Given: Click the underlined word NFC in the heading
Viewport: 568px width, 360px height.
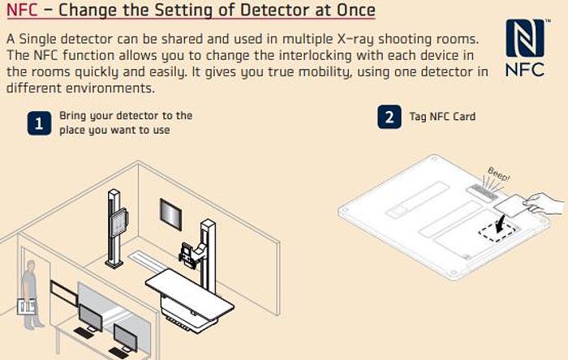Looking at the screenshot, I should coord(22,11).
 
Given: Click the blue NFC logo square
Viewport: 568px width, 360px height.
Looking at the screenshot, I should coord(525,39).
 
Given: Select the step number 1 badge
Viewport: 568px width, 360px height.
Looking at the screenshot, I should coord(37,122).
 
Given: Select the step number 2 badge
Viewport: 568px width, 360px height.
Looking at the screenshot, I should coord(389,117).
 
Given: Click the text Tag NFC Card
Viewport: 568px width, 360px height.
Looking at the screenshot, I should coord(441,117).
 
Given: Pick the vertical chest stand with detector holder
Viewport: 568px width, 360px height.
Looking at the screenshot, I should coord(117,223).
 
